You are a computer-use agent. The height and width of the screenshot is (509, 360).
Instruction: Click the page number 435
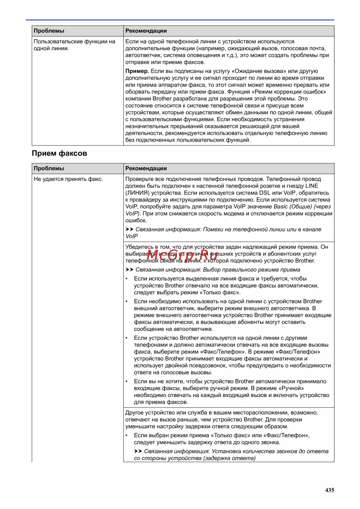(329, 490)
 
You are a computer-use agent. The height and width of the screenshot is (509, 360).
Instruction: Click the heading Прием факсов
(59, 153)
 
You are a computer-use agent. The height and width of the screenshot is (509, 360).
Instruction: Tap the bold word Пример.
(137, 71)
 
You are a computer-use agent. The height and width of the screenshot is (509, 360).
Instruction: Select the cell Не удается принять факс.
(68, 179)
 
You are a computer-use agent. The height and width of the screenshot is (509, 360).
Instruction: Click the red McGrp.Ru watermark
(182, 255)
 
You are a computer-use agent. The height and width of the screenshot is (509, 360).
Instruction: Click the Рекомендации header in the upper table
(146, 31)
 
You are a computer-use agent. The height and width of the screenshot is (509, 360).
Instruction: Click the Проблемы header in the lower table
(49, 168)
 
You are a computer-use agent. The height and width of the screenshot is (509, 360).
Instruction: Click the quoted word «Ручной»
(291, 388)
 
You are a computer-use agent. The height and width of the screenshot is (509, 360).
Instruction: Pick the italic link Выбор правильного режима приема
(251, 270)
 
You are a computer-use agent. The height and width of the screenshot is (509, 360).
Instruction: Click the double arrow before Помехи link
(129, 229)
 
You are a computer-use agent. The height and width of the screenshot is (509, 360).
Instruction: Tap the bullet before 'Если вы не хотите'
(127, 381)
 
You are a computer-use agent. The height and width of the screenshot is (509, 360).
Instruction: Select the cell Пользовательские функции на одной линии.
(75, 45)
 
